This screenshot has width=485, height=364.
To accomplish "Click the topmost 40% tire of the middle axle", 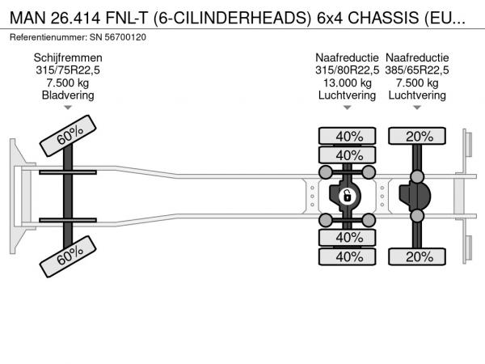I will click(x=348, y=136).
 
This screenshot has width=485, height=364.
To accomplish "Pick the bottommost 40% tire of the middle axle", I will click(x=348, y=256).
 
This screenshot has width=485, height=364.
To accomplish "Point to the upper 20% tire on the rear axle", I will click(x=419, y=136).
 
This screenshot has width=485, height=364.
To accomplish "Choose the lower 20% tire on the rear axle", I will click(x=419, y=256).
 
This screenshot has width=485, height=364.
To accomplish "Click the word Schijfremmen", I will click(x=67, y=57).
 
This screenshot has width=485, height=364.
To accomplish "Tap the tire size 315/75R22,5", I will click(x=67, y=70).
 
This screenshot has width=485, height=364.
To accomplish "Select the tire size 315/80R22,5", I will click(x=348, y=70).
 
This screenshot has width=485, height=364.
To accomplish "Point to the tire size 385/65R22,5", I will click(x=419, y=70).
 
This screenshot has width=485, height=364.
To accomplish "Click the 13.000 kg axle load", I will click(x=348, y=82).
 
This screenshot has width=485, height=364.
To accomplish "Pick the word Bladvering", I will click(x=67, y=95).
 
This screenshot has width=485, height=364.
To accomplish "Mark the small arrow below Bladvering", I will click(x=67, y=107).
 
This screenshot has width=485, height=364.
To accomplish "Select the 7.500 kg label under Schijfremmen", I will click(x=67, y=82).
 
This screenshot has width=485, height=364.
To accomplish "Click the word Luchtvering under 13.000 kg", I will click(x=348, y=95).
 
